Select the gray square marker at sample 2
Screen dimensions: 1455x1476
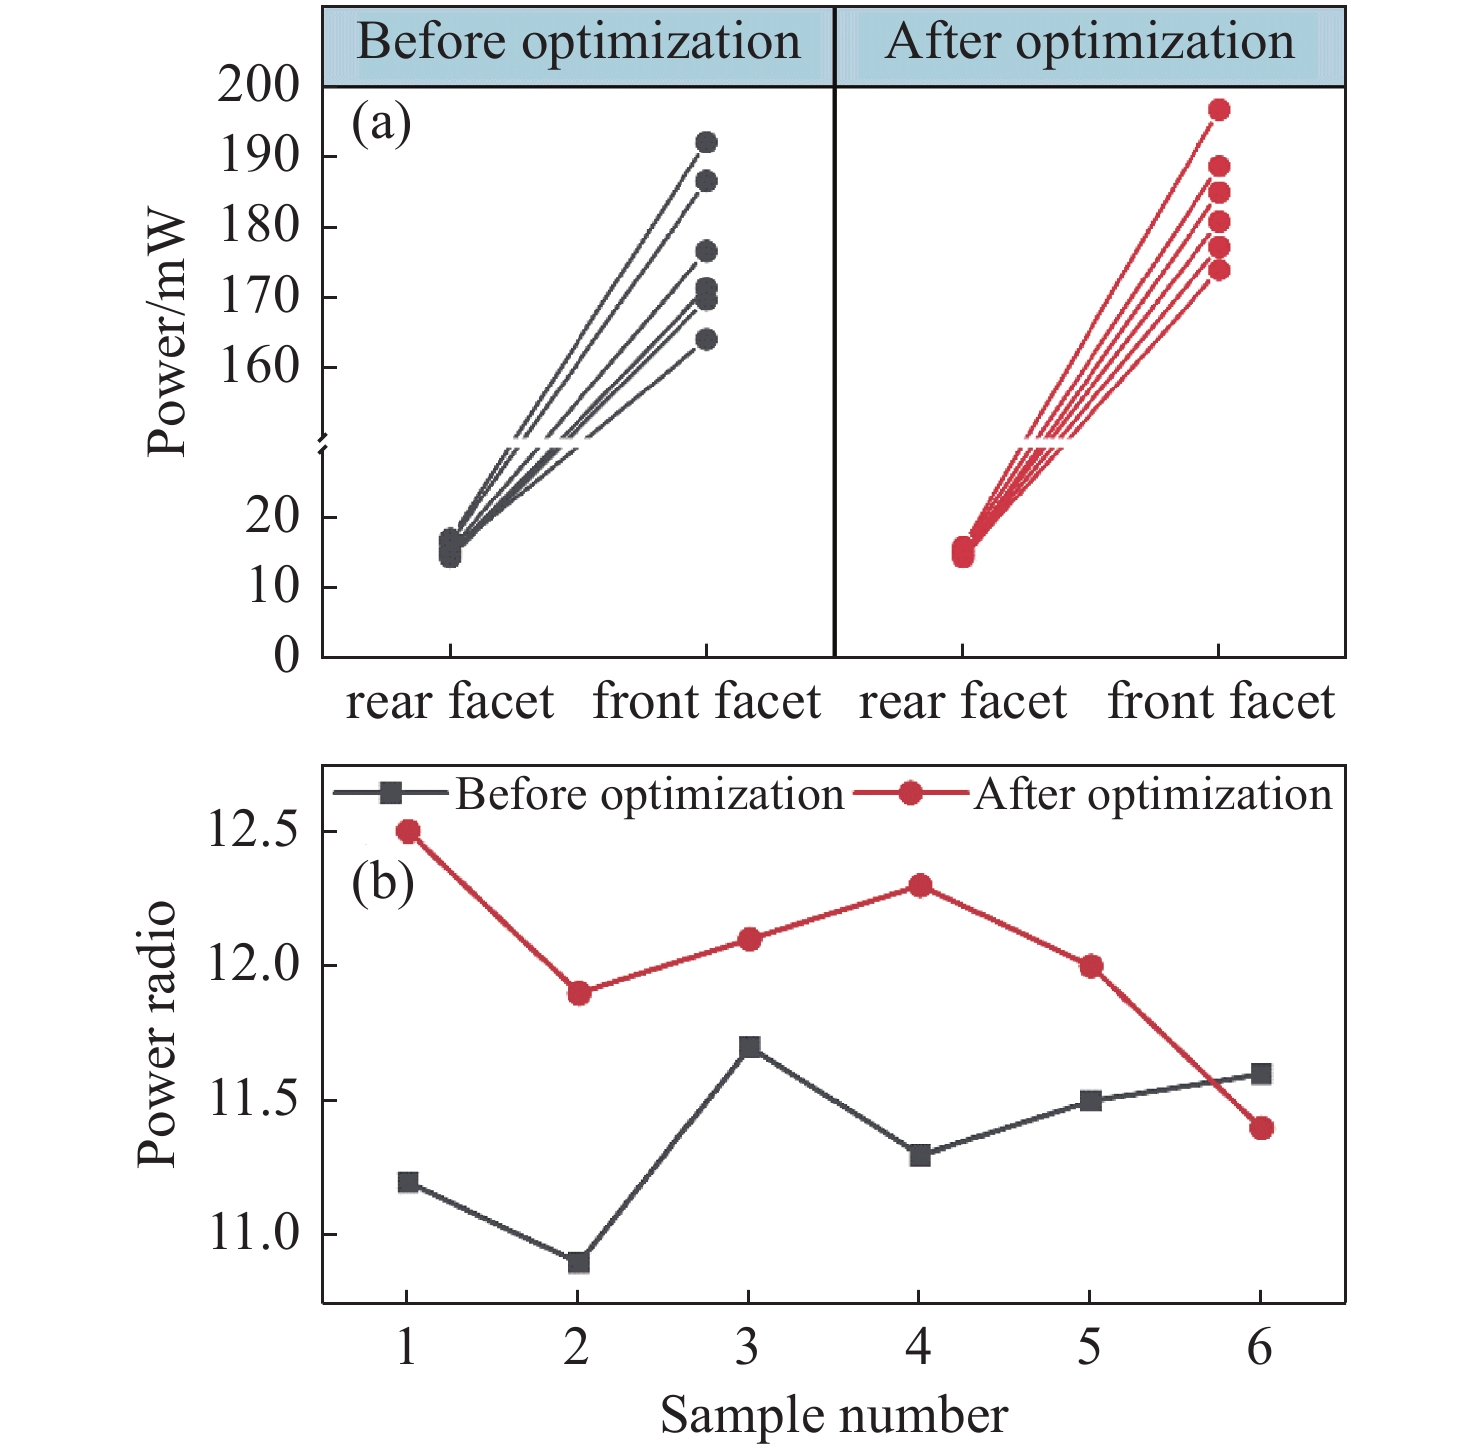(x=578, y=1262)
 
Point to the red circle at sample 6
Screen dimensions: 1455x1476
(x=1262, y=1128)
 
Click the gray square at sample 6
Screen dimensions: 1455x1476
(x=1262, y=1074)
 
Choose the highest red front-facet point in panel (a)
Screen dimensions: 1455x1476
(x=1219, y=110)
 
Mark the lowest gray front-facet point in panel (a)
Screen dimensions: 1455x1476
(x=706, y=340)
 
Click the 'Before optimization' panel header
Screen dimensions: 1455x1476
(x=578, y=43)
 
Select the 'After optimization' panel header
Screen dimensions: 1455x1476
(x=1090, y=43)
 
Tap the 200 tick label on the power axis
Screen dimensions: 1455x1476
(x=259, y=86)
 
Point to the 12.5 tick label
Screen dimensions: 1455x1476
(x=253, y=832)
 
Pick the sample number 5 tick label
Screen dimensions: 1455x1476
(x=1089, y=1349)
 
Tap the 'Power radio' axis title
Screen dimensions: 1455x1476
(x=157, y=1034)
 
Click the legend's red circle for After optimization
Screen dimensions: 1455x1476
(x=911, y=794)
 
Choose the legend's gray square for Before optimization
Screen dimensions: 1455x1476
(x=392, y=794)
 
